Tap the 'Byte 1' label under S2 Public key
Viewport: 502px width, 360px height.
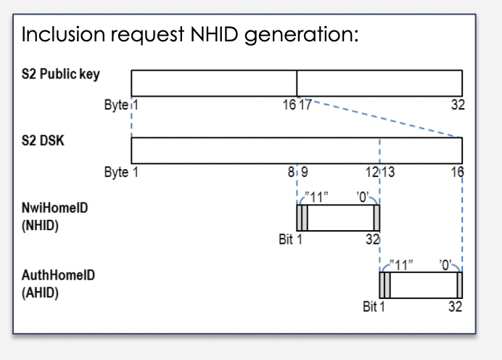120,105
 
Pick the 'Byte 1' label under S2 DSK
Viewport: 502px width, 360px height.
120,173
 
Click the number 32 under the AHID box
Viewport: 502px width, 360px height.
455,307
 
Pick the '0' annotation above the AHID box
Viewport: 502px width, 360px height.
446,263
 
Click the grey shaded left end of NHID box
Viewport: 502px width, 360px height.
302,218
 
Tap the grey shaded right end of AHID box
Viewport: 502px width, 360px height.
458,285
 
